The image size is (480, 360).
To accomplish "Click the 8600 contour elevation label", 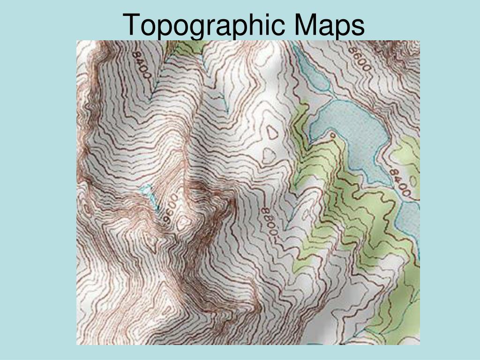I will coord(360,59).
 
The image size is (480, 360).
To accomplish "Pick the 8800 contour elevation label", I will coord(269,224).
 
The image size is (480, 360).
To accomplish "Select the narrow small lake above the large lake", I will coord(312,70).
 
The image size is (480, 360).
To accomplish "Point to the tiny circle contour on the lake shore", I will coord(332,135).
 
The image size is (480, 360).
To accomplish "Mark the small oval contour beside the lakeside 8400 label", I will coord(412,180).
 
